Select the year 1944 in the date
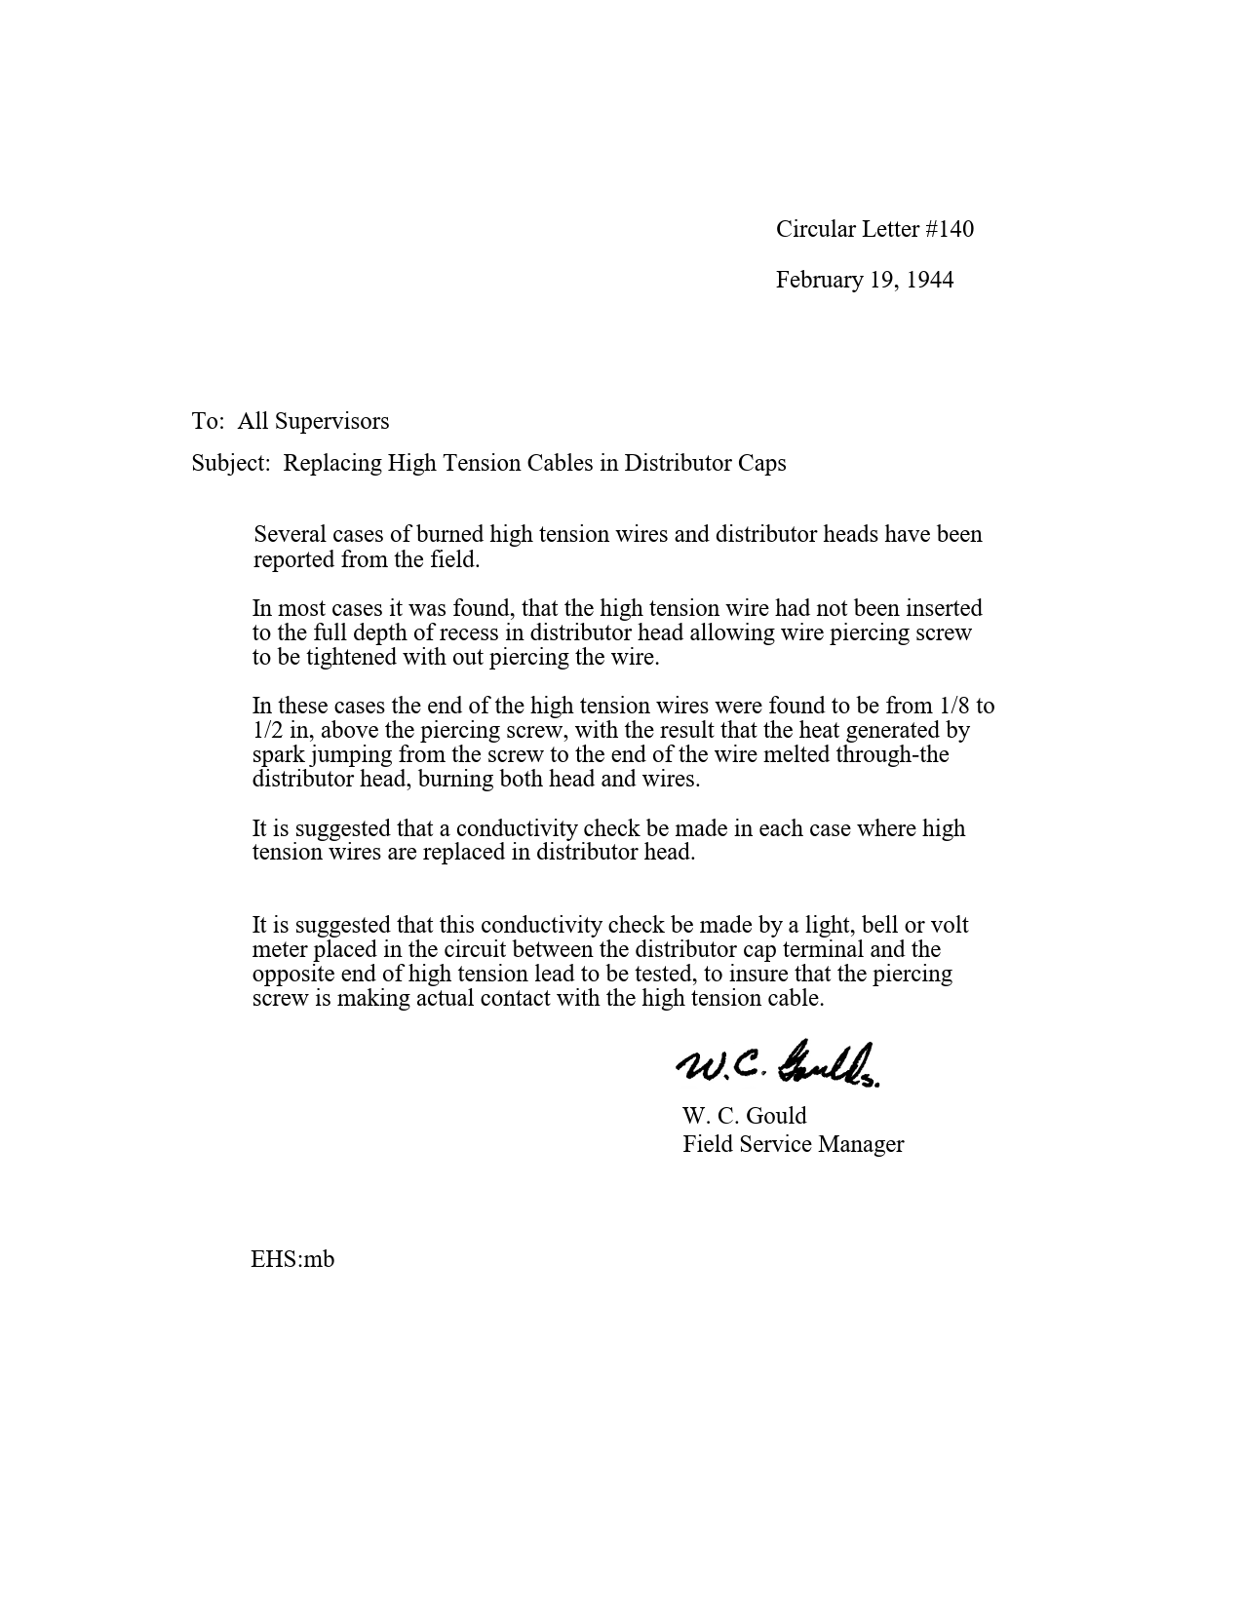(x=929, y=280)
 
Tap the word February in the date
(x=819, y=280)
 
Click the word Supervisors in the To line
(x=331, y=421)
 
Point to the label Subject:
(x=230, y=463)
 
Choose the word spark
(x=278, y=754)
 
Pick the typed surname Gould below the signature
(x=776, y=1116)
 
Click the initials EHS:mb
(x=292, y=1259)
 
